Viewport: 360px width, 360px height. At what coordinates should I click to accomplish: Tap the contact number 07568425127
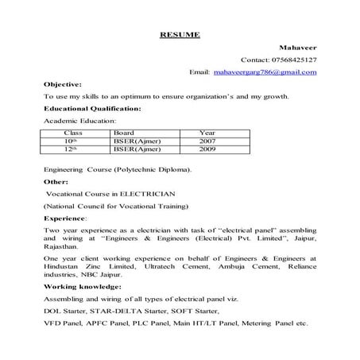(x=292, y=60)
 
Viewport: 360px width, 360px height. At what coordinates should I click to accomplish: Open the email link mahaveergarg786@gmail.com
(x=265, y=72)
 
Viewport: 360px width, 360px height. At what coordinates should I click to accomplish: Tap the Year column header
(x=207, y=134)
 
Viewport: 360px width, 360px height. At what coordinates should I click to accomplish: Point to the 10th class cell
(x=72, y=141)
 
